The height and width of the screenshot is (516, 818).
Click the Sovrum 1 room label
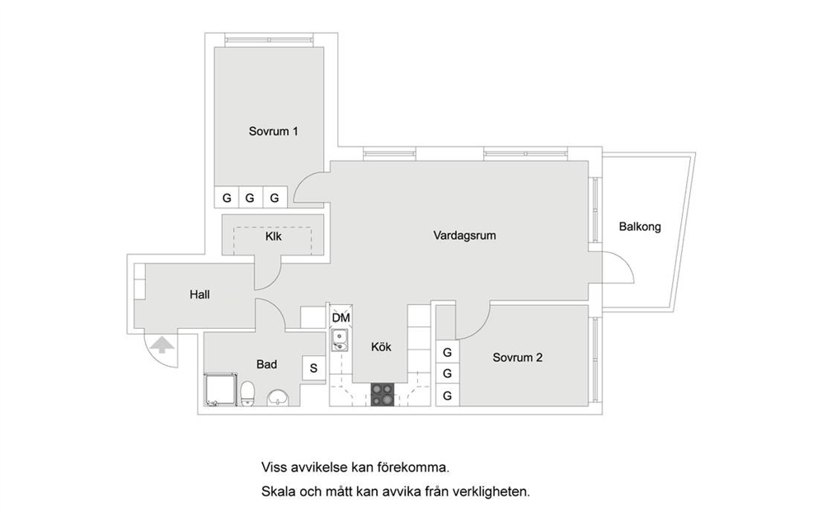pyautogui.click(x=274, y=131)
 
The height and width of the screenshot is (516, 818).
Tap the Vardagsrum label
pyautogui.click(x=464, y=235)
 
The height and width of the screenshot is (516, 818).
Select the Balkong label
pyautogui.click(x=640, y=227)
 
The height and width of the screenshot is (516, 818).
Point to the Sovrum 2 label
pyautogui.click(x=518, y=358)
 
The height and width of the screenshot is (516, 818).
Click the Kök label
pyautogui.click(x=381, y=347)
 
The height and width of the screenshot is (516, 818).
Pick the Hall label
pyautogui.click(x=200, y=295)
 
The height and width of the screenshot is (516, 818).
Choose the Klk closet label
pyautogui.click(x=274, y=237)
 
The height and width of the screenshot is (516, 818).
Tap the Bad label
pyautogui.click(x=266, y=364)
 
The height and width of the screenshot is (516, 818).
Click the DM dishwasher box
pyautogui.click(x=341, y=317)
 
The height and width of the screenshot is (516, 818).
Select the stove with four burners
pyautogui.click(x=383, y=395)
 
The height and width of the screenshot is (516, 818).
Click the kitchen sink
pyautogui.click(x=340, y=340)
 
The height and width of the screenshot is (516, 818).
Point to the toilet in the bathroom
pyautogui.click(x=247, y=393)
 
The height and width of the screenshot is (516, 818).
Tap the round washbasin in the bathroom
pyautogui.click(x=278, y=397)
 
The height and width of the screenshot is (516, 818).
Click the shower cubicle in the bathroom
pyautogui.click(x=220, y=389)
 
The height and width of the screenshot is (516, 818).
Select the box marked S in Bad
pyautogui.click(x=313, y=368)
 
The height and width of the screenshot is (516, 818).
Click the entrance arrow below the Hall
pyautogui.click(x=162, y=345)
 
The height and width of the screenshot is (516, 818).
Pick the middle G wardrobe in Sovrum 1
pyautogui.click(x=250, y=198)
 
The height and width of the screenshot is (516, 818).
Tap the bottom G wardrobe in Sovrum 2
pyautogui.click(x=447, y=396)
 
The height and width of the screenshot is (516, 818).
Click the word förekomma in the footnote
pyautogui.click(x=413, y=467)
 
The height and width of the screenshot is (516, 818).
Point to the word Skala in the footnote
pyautogui.click(x=278, y=491)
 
